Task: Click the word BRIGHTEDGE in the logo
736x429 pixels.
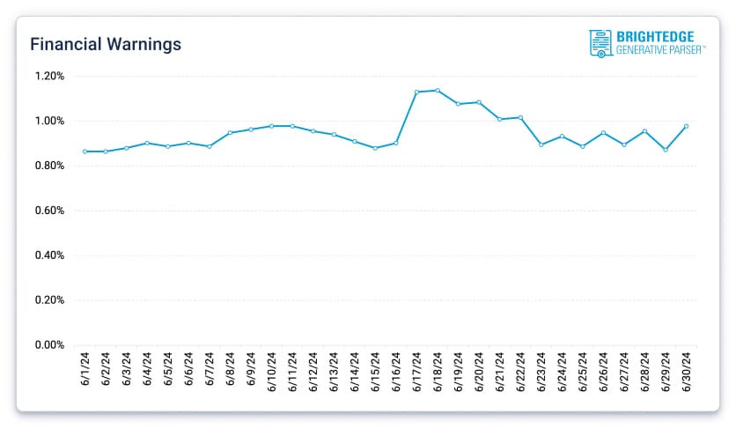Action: point(656,37)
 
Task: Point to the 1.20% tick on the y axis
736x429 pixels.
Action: point(49,76)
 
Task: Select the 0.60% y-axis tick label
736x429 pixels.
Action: point(49,211)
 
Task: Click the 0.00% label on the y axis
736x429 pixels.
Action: point(49,345)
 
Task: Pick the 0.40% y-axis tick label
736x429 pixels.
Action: point(49,255)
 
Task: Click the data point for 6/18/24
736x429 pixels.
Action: point(438,90)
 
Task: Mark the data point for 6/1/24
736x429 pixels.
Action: point(85,152)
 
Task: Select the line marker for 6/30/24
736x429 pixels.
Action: point(686,126)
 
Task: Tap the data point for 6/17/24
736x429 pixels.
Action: point(416,92)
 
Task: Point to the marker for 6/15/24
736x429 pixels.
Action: point(375,148)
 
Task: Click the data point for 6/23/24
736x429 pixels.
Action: point(541,144)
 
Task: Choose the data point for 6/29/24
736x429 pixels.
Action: point(666,150)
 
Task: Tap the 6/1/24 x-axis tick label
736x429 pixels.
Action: point(85,369)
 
